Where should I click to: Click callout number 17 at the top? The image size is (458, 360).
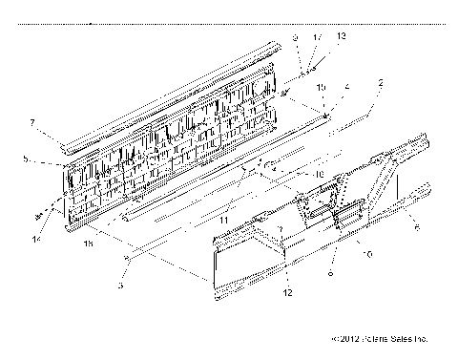[318, 36]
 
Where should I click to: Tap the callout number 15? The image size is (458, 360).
[322, 87]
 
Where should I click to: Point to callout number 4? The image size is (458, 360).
[346, 87]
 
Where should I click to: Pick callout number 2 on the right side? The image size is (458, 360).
[380, 85]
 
